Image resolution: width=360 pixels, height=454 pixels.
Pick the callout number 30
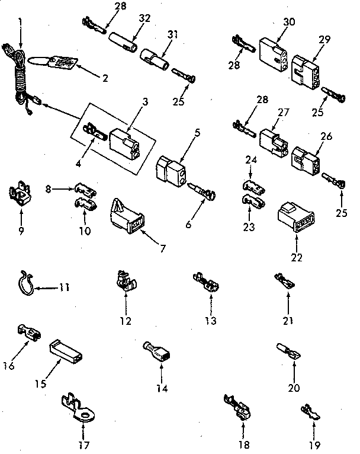coord(289,21)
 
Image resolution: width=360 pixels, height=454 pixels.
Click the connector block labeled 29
coord(305,73)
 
